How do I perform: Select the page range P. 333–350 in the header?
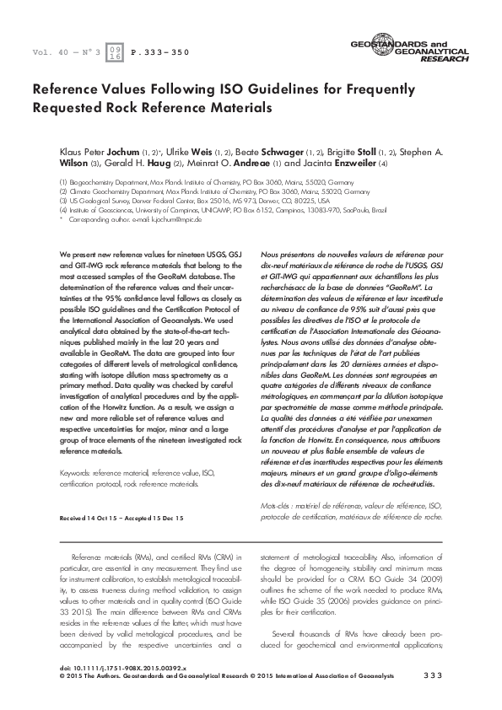(162, 52)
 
